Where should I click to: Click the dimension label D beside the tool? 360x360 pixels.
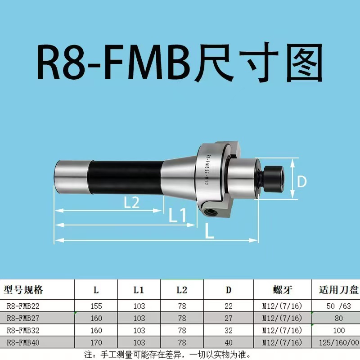pos(302,182)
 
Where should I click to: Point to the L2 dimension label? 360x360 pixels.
pos(131,202)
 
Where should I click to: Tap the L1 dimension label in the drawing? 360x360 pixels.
pos(177,216)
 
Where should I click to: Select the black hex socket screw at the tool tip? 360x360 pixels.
pos(273,175)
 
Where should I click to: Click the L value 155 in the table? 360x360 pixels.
pos(96,306)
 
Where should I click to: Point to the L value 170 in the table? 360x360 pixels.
pos(96,342)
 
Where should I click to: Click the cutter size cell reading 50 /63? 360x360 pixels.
pos(335,306)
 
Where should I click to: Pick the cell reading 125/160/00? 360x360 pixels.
pos(335,342)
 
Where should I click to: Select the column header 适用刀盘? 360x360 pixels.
pos(335,289)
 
